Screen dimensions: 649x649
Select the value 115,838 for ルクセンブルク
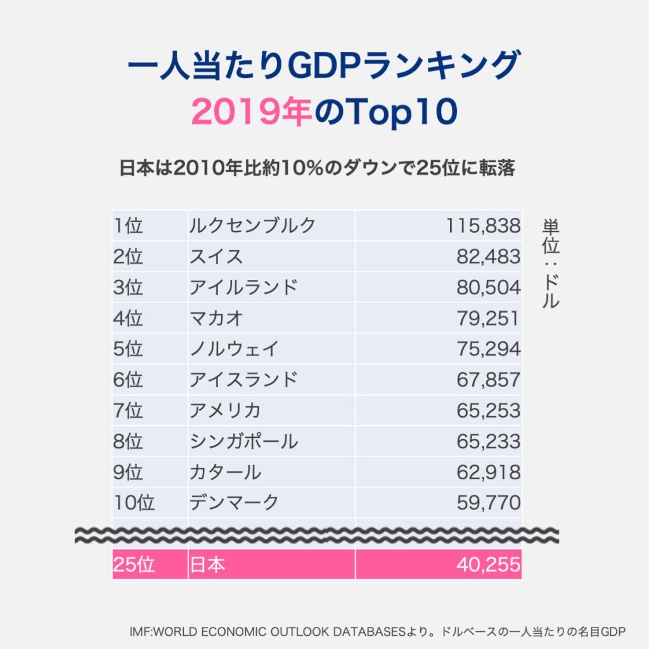pos(483,225)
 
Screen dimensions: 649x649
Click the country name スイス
pos(216,256)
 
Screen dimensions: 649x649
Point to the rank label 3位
pos(128,287)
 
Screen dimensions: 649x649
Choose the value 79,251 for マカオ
pos(488,318)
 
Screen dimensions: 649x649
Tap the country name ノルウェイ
pos(234,349)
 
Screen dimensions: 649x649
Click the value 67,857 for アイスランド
pos(488,380)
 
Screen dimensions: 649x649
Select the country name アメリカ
pos(225,411)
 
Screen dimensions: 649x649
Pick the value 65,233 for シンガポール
pos(488,441)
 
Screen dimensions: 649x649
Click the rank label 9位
pos(128,472)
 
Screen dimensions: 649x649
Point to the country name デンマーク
pos(234,503)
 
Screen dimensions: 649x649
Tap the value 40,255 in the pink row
pos(488,564)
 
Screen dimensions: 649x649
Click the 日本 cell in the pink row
pos(207,564)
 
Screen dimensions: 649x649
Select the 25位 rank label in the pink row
pos(134,564)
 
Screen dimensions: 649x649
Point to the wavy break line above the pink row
pos(317,534)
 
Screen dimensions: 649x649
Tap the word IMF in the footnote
pos(140,631)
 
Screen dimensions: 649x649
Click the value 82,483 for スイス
pos(488,256)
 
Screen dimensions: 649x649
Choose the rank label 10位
pos(134,503)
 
